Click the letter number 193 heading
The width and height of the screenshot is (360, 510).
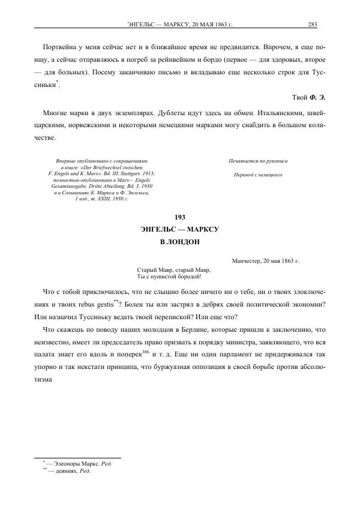(x=180, y=217)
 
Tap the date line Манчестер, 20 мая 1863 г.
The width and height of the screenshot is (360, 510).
(x=265, y=262)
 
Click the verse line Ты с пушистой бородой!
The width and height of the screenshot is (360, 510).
(x=169, y=277)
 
